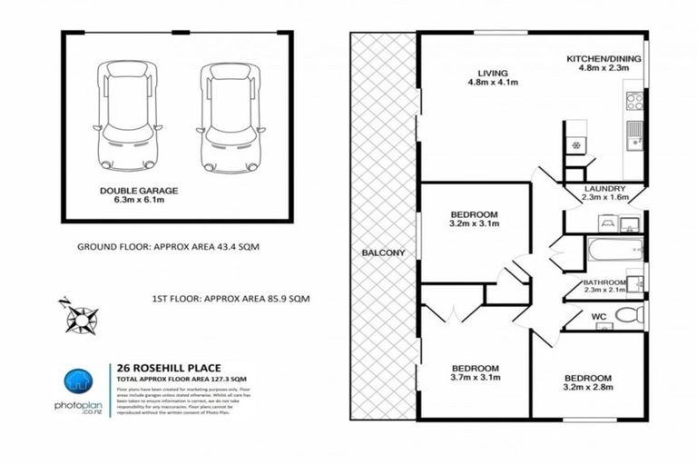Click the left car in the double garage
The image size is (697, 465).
(x=126, y=115)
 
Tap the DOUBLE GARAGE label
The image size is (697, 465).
(x=139, y=191)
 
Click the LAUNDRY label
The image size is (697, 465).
(x=604, y=188)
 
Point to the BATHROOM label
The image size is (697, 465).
(x=604, y=282)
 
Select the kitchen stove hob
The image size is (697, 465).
(x=634, y=101)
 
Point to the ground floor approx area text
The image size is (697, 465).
(x=169, y=247)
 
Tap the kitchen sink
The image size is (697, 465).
(x=634, y=133)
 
